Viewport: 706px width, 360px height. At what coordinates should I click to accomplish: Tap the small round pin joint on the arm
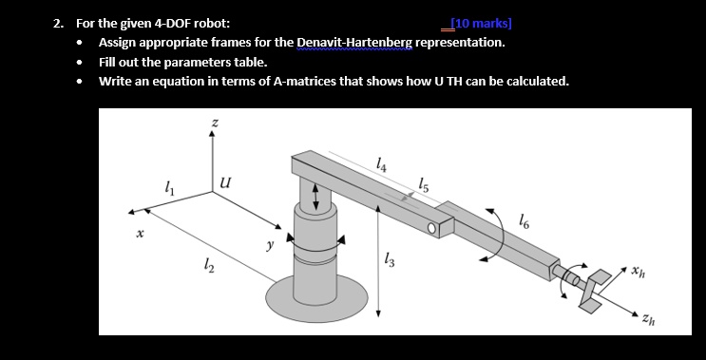pyautogui.click(x=433, y=228)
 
